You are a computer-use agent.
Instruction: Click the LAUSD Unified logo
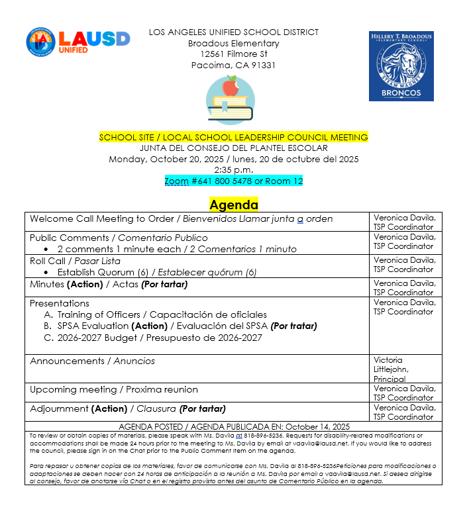pos(78,42)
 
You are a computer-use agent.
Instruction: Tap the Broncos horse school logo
pos(401,66)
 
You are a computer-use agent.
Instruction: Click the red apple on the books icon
pos(231,85)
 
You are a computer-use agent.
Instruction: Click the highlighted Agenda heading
pos(233,205)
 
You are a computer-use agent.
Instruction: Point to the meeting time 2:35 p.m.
pos(233,170)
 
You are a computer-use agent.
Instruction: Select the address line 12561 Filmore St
pos(233,54)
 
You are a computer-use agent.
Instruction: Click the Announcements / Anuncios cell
pos(92,361)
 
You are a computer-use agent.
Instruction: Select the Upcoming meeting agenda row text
pos(113,389)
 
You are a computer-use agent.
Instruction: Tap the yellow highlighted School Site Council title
pos(233,138)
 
